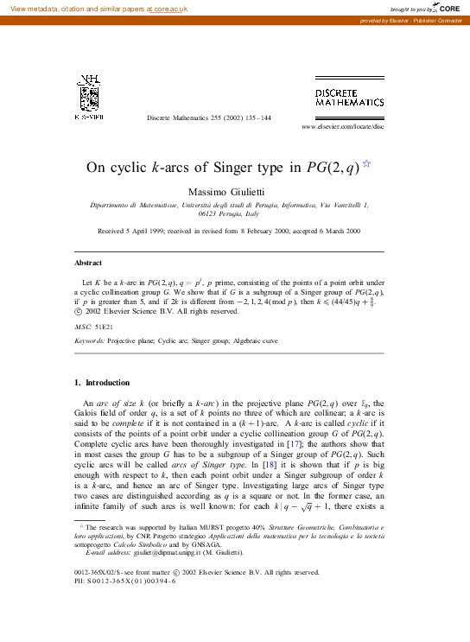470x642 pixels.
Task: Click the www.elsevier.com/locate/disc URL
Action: click(341, 126)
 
